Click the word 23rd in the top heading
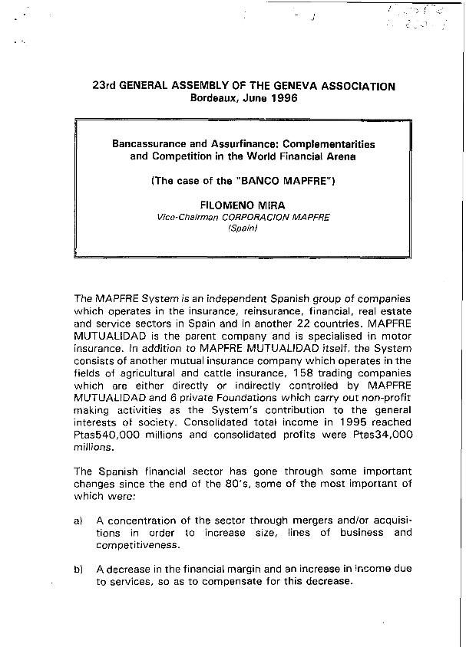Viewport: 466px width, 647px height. (x=104, y=87)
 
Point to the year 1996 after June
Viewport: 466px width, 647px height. (x=282, y=99)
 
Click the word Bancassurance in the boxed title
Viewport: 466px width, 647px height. (x=150, y=143)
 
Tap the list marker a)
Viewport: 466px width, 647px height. (x=78, y=521)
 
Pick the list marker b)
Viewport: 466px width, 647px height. (x=78, y=569)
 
